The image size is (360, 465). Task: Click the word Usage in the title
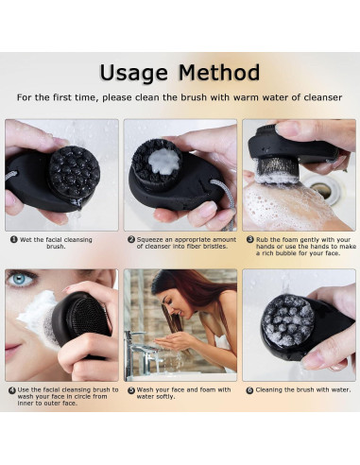click(x=134, y=74)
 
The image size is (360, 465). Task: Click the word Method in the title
click(x=219, y=72)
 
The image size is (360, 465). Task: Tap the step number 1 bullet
click(x=14, y=239)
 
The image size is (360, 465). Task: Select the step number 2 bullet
click(x=131, y=239)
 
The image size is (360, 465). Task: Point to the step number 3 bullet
click(x=250, y=239)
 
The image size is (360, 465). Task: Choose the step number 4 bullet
click(x=12, y=390)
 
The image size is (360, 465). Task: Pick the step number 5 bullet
click(x=131, y=390)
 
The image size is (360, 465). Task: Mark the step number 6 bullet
click(x=249, y=390)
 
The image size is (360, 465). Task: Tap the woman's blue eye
click(x=19, y=279)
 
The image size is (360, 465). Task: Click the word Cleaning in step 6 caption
click(x=268, y=390)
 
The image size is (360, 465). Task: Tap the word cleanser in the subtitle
click(x=323, y=97)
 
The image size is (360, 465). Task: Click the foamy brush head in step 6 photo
click(x=288, y=320)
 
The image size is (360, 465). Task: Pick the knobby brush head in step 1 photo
click(x=75, y=171)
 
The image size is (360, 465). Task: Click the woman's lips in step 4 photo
click(x=11, y=349)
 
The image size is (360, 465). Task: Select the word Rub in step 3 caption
click(x=262, y=240)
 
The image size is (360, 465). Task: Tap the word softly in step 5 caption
click(x=164, y=397)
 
